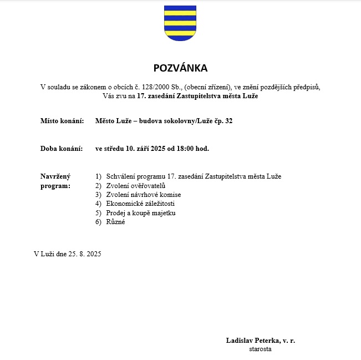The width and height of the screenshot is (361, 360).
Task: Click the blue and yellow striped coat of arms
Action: (x=180, y=23)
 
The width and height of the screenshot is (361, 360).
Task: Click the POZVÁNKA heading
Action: (x=180, y=68)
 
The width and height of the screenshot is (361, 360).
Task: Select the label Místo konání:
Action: (x=62, y=120)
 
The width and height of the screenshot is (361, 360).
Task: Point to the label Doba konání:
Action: (x=62, y=149)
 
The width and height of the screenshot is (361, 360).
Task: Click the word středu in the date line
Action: (x=114, y=149)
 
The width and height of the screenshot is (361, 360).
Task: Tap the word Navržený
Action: (x=55, y=176)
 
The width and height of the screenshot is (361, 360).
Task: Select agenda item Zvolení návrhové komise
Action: (x=143, y=195)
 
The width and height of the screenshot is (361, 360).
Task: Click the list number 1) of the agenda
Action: (x=98, y=176)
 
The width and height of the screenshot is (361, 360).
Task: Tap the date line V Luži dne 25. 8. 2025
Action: (x=68, y=254)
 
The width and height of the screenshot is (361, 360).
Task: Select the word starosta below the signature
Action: (x=260, y=349)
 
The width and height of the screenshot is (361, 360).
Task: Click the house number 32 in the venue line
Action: (x=228, y=120)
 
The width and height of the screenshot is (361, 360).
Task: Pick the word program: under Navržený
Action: (x=55, y=186)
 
